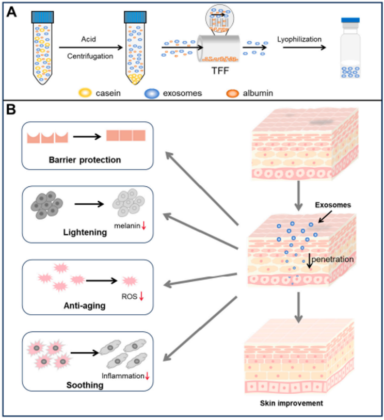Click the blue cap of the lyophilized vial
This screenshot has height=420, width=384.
tap(353, 21)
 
